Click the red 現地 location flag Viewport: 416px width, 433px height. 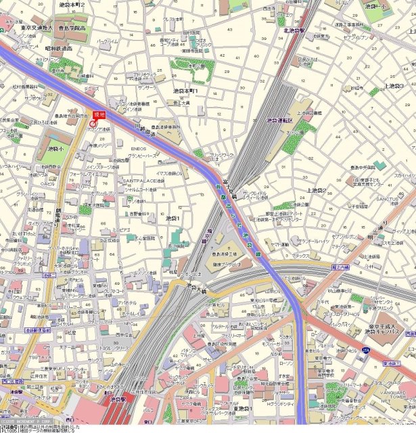coord(99,113)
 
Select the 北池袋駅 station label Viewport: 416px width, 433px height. coord(296,30)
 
